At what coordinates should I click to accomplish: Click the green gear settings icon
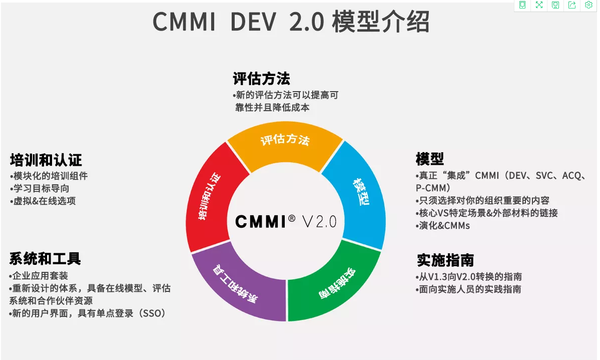[x=588, y=5]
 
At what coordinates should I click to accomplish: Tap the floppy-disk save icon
[x=555, y=5]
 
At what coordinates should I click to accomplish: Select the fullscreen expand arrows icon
[x=539, y=5]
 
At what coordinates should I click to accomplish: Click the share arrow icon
[x=572, y=5]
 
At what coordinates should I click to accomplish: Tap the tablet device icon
[x=522, y=5]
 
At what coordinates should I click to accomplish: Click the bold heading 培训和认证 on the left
[x=46, y=160]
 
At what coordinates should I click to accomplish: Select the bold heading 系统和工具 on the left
[x=45, y=258]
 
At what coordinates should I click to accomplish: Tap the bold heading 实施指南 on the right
[x=445, y=260]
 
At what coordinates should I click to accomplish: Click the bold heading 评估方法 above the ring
[x=261, y=79]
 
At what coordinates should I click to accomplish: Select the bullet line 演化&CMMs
[x=444, y=226]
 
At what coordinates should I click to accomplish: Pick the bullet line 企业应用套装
[x=40, y=276]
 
